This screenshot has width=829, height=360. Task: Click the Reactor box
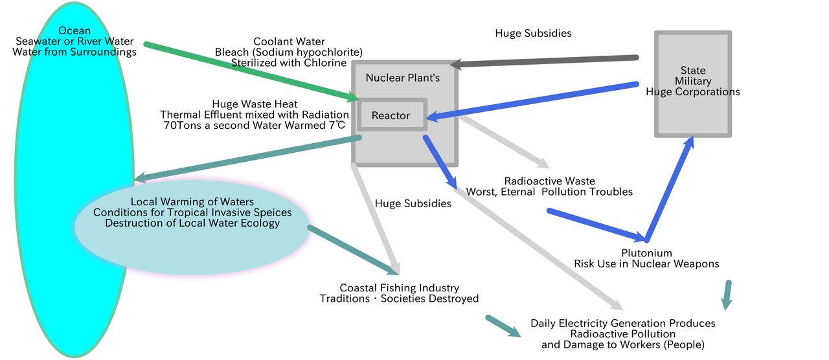coord(391,115)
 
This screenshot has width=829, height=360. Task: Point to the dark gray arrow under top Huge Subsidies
coord(544,61)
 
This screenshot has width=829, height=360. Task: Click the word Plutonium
coord(646,253)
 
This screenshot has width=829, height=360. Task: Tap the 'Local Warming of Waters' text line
coord(192,201)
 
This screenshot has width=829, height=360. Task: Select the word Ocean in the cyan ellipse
coord(75,31)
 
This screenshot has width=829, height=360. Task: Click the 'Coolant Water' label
coord(289,41)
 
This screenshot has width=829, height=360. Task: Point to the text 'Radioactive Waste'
coord(549,181)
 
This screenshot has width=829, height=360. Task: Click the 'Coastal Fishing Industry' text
coord(400,287)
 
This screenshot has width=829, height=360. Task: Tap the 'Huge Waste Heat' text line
coord(254,104)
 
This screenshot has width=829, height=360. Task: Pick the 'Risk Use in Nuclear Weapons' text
coord(646,264)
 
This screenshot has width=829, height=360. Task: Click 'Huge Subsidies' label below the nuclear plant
coord(413,203)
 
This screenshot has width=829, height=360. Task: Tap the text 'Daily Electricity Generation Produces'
coord(622,323)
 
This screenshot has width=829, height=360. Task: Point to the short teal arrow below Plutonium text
coord(727,295)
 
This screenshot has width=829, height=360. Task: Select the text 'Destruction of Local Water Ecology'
coord(192,223)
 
